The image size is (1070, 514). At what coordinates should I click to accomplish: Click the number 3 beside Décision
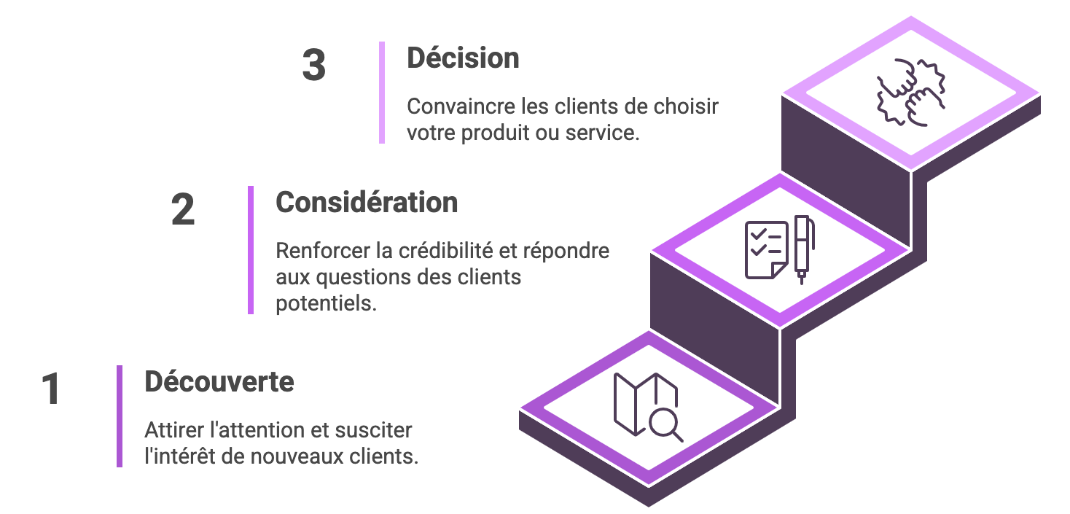click(313, 66)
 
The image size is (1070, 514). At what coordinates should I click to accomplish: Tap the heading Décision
click(463, 58)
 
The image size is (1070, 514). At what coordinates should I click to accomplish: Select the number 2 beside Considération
click(183, 210)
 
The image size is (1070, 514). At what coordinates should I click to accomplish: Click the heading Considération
click(367, 202)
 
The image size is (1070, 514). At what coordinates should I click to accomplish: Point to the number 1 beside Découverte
click(50, 389)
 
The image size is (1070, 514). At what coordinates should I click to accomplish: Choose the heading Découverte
click(219, 381)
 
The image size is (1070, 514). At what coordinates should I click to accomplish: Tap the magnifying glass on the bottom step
click(665, 424)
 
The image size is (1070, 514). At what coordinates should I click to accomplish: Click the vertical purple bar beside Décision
click(382, 93)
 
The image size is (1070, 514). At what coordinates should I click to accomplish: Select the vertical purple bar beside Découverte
click(120, 416)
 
